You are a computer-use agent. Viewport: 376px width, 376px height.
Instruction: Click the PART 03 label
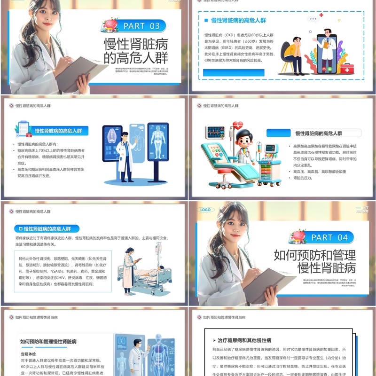click(141, 26)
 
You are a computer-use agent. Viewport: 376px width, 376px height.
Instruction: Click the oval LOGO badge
click(205, 210)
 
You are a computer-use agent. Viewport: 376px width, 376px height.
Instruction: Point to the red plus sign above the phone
click(321, 16)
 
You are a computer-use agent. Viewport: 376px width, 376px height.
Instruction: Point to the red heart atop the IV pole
click(238, 125)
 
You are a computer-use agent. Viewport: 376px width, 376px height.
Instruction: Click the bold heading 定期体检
click(31, 353)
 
